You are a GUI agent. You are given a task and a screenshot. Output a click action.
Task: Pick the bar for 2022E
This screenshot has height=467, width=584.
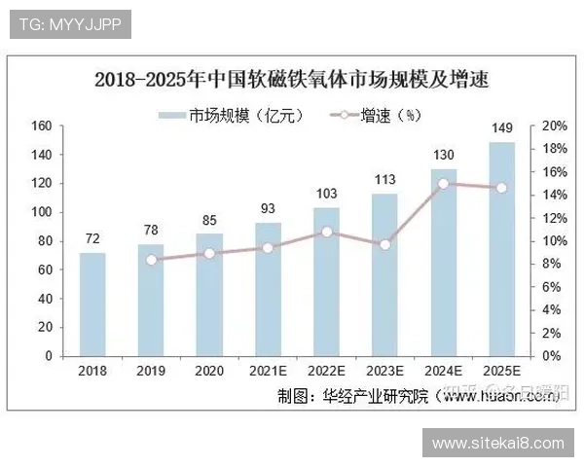pyautogui.click(x=326, y=281)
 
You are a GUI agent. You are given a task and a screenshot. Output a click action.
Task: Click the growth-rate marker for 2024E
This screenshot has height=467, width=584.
pyautogui.click(x=443, y=183)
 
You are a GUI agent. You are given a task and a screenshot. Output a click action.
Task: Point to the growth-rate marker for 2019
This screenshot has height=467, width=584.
pyautogui.click(x=151, y=260)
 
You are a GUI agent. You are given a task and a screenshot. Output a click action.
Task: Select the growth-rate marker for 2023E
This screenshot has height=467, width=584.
pyautogui.click(x=384, y=244)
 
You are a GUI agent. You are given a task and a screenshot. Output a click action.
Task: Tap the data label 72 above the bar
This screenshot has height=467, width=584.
pyautogui.click(x=92, y=237)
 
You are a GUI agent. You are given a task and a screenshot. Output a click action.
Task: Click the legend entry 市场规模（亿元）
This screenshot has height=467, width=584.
pyautogui.click(x=234, y=116)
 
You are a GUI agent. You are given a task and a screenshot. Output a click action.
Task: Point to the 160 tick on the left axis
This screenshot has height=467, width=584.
pyautogui.click(x=42, y=126)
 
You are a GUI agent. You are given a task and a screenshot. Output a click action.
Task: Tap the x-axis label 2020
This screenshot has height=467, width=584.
pyautogui.click(x=209, y=371)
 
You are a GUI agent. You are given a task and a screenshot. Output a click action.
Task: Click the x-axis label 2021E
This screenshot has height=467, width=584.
pyautogui.click(x=268, y=371)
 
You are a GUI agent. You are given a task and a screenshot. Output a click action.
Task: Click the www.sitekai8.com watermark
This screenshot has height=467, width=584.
pyautogui.click(x=497, y=444)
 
